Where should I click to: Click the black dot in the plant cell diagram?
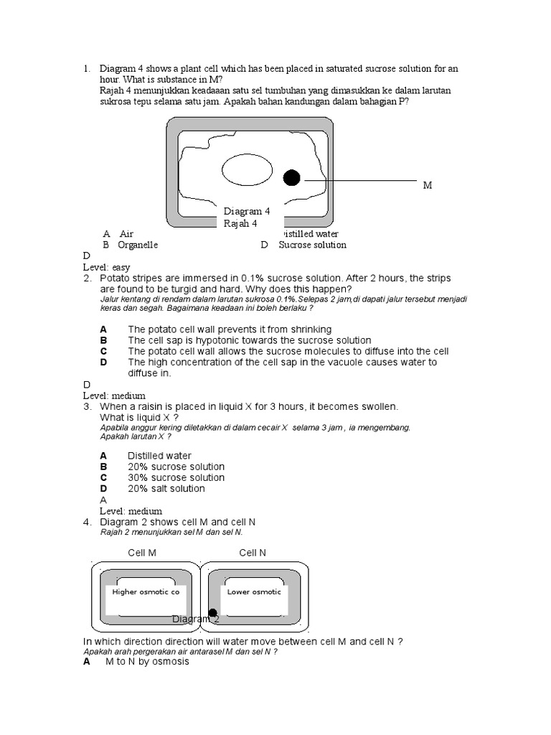tap(291, 178)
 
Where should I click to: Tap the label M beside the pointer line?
tap(428, 185)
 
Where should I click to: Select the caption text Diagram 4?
tap(246, 212)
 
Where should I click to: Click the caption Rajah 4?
tap(240, 223)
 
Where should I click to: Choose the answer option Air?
tap(126, 234)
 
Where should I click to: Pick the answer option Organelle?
tap(138, 245)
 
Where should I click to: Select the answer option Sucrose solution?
tap(312, 245)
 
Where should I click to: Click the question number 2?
tap(88, 278)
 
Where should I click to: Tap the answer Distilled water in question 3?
tap(159, 456)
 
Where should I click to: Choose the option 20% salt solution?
tap(166, 489)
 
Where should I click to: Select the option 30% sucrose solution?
tap(176, 478)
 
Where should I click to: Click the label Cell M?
tap(142, 553)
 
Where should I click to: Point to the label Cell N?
tap(253, 553)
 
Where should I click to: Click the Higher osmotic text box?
tap(146, 592)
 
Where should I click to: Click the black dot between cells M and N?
tap(212, 613)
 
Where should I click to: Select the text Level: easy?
tap(107, 267)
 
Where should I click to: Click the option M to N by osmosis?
tap(147, 662)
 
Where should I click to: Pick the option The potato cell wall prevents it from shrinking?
tap(230, 329)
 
